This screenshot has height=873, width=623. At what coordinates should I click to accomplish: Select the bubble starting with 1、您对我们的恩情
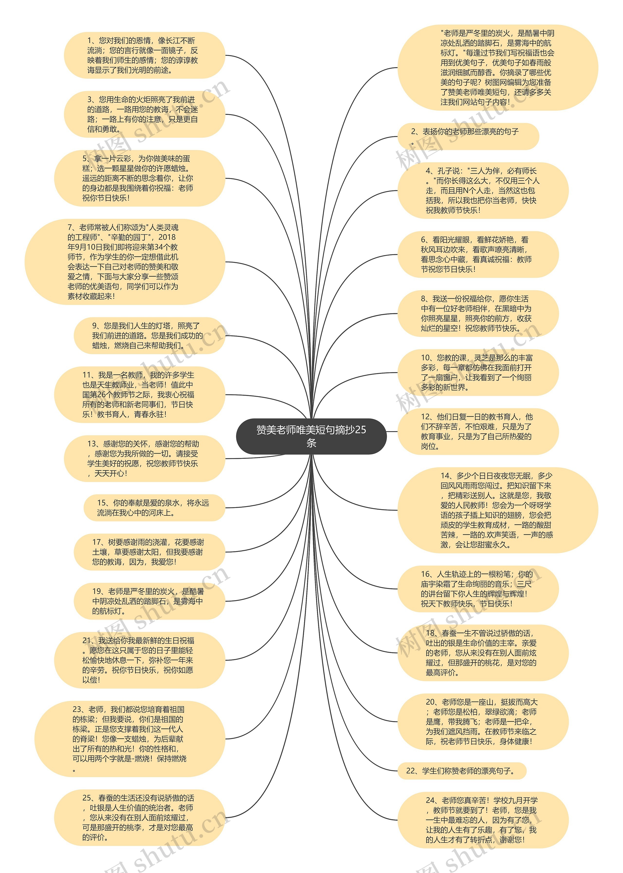coord(144,55)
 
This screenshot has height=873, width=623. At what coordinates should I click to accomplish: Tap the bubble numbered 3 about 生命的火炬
coord(144,114)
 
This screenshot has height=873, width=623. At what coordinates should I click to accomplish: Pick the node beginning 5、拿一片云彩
coord(139,178)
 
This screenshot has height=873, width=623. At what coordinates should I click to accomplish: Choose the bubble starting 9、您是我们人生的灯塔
coord(149,335)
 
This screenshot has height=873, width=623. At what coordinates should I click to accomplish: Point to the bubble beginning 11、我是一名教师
coord(139,394)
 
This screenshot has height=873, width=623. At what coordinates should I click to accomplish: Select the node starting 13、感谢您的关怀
coord(144,458)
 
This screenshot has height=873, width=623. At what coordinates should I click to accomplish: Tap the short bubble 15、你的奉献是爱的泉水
coord(154,507)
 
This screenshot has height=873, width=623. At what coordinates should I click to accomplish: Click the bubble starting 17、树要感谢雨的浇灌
coord(149,551)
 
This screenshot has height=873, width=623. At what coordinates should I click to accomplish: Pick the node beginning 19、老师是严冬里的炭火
coord(149,601)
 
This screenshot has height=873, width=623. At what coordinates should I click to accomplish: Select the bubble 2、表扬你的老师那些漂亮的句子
coord(468,136)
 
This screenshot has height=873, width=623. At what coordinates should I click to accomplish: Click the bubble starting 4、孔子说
coord(483,190)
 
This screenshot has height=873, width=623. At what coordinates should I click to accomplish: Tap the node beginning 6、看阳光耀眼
coord(478,254)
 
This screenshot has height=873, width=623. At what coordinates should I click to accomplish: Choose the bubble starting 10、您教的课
coord(478,372)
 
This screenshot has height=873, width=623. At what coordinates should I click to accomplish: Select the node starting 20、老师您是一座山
coord(483,721)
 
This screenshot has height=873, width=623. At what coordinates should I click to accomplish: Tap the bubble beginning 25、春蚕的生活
coord(139,817)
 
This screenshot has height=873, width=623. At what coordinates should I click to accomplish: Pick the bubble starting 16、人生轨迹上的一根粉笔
coord(478,589)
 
